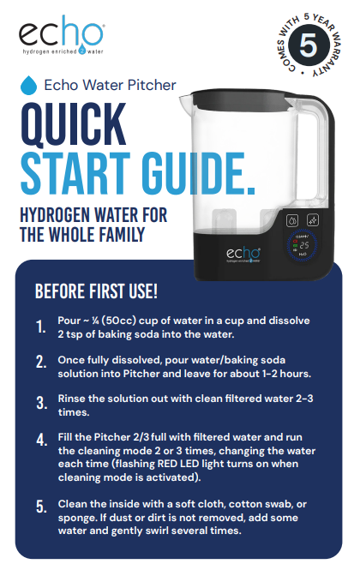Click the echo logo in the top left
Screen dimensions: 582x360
(63, 37)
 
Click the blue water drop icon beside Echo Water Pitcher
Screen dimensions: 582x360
(28, 85)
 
